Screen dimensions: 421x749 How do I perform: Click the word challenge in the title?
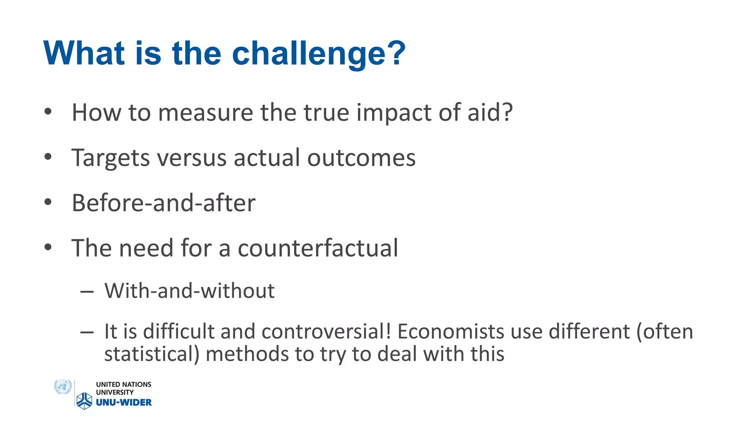[318, 54]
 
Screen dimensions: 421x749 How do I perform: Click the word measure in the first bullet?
[206, 113]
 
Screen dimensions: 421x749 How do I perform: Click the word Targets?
[110, 158]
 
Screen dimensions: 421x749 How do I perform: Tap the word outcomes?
[361, 158]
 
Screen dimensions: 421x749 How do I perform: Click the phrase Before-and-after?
[163, 203]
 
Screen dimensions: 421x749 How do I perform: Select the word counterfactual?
[318, 248]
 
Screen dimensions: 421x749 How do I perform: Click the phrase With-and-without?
[189, 291]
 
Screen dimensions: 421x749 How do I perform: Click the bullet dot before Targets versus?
[48, 157]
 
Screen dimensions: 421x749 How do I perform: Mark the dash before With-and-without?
[87, 292]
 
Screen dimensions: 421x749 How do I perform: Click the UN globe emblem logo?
[63, 387]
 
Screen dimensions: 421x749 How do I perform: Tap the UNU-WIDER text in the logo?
[124, 402]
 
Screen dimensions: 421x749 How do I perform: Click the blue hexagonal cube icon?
[84, 401]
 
